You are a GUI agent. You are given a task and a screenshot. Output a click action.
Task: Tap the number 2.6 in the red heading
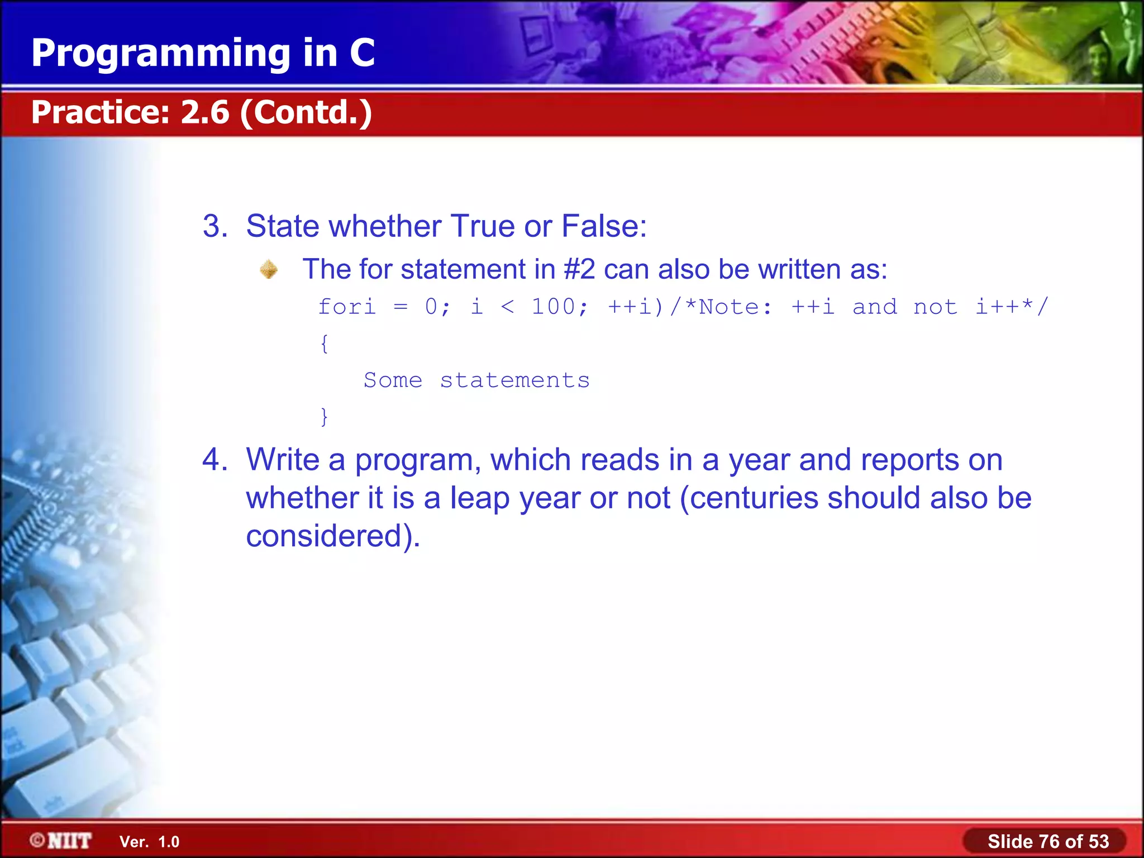[205, 112]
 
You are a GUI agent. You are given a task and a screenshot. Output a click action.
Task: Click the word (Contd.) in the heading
[306, 112]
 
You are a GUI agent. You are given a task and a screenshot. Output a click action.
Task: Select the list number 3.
[215, 226]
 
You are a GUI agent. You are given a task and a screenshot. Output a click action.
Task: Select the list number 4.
[215, 460]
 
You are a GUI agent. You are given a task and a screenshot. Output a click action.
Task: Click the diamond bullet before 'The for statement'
[269, 269]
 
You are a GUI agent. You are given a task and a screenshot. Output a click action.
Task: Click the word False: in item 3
[604, 226]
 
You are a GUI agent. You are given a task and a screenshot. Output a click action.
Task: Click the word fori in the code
[347, 307]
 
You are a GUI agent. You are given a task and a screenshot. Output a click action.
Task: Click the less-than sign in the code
[507, 307]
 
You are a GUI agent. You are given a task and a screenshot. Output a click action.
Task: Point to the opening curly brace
[324, 344]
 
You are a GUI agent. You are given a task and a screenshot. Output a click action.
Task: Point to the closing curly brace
[324, 417]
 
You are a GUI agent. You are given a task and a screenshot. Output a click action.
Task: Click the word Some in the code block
[393, 380]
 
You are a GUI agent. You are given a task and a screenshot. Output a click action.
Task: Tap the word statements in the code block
[514, 380]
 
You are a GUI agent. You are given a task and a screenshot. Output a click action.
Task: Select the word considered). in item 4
[333, 536]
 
